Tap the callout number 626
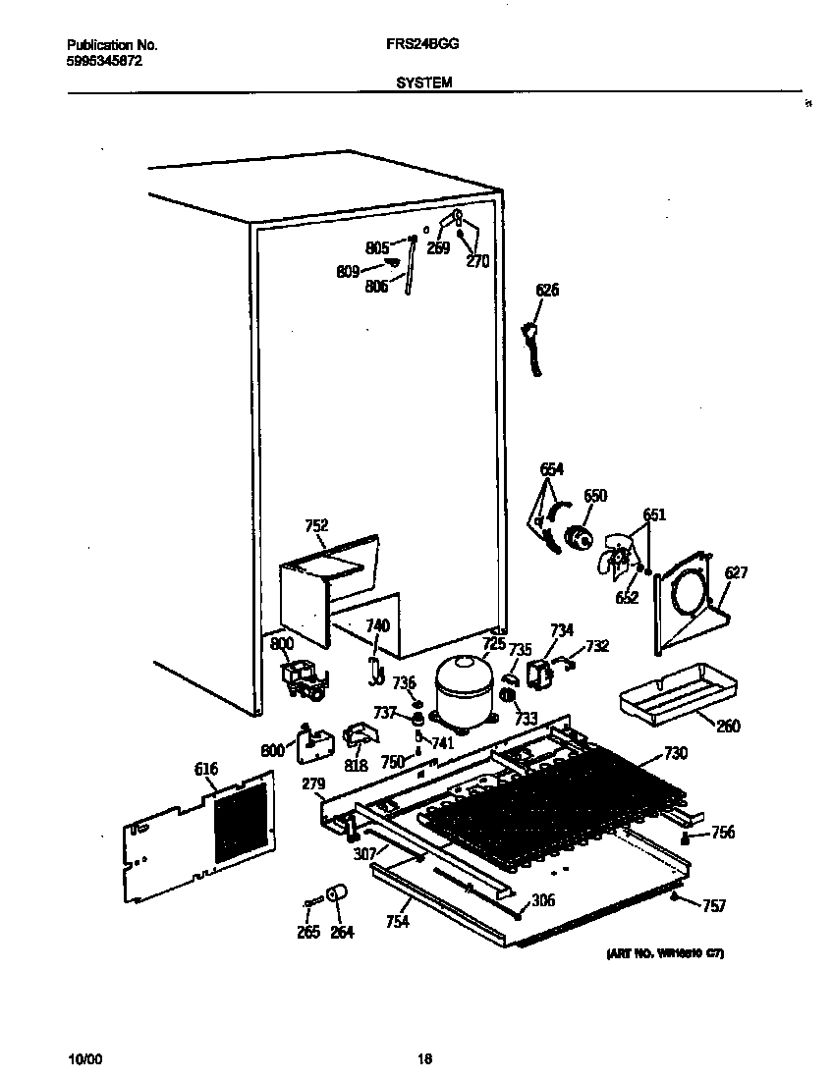(547, 290)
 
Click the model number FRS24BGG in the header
(423, 45)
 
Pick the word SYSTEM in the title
(423, 83)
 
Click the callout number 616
(205, 769)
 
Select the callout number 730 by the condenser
(676, 753)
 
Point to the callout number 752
(316, 526)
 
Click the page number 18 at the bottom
(424, 1059)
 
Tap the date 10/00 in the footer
(83, 1059)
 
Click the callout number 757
(714, 905)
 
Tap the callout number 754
(397, 922)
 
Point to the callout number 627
(737, 573)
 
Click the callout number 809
(348, 273)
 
